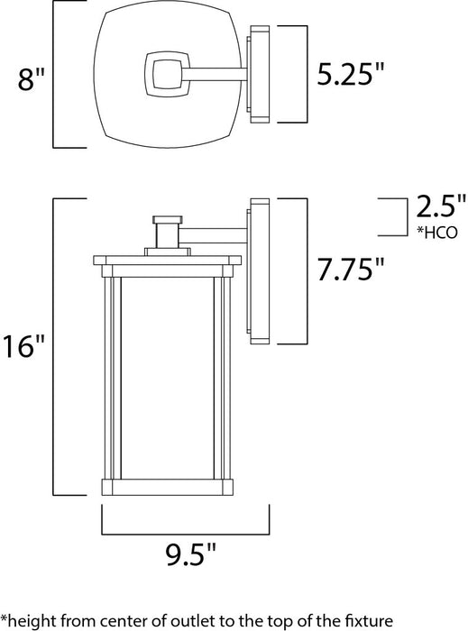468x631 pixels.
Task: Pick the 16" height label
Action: click(x=24, y=346)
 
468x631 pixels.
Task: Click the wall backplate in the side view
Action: click(x=259, y=270)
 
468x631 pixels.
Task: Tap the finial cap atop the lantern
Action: click(x=167, y=218)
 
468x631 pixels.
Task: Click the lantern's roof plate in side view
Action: click(x=167, y=260)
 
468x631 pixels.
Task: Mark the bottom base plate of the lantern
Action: click(x=167, y=488)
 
